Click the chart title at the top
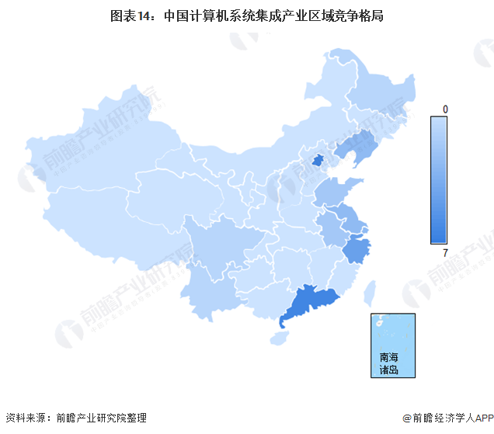point(247,15)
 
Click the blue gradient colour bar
point(440,180)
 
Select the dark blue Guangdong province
point(311,303)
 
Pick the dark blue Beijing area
point(317,161)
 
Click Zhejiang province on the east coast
point(357,251)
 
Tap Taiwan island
point(370,292)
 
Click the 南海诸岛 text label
point(388,364)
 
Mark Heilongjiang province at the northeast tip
point(365,85)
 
